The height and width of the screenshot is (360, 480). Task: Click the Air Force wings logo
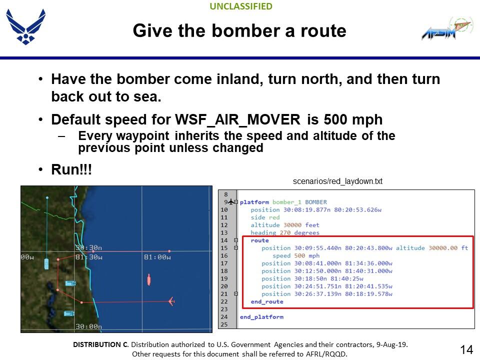point(25,26)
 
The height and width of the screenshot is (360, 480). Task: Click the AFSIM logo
point(447,28)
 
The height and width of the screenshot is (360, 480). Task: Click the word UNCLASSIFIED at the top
point(241,6)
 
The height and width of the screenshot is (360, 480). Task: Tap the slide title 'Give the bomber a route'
point(239,30)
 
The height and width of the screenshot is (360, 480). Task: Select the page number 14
point(466,349)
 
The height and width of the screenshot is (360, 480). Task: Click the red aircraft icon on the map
point(171,301)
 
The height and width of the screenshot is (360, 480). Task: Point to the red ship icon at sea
point(149,280)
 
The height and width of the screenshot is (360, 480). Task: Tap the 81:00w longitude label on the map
point(157,257)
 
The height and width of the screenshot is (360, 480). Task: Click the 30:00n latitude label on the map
point(89,326)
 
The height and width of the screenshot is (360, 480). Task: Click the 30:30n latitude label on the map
point(89,247)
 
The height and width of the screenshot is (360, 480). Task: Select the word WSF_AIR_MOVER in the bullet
point(237,119)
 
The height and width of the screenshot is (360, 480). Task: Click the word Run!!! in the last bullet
point(71,169)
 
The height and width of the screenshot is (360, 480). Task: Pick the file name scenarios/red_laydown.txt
point(337,181)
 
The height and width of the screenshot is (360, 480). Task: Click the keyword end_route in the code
point(267,301)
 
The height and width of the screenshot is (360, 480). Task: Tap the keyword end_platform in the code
point(261,317)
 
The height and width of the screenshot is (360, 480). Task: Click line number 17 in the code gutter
point(224,263)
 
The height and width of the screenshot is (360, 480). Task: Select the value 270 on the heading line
point(285,232)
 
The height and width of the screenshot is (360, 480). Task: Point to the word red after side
point(274,217)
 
